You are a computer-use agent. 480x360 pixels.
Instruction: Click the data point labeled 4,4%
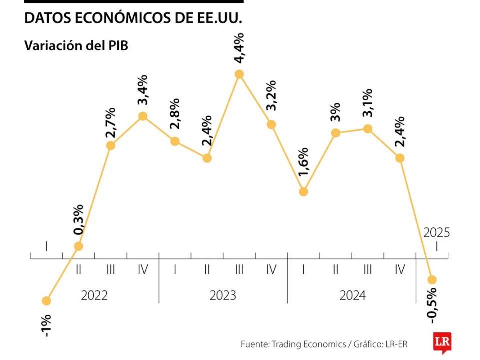239,74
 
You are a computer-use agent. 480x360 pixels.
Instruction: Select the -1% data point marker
46,301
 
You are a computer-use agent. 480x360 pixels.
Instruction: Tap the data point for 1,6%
303,191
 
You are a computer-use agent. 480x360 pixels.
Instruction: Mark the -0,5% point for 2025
432,279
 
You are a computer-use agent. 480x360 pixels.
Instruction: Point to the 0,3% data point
78,246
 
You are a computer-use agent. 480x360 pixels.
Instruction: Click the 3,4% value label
142,91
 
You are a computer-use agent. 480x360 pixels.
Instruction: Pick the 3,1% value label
367,103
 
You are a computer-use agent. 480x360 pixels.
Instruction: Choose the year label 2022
94,295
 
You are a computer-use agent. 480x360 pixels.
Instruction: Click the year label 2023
223,295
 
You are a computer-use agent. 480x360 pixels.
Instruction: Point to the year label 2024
352,295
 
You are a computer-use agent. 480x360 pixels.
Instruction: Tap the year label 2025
436,232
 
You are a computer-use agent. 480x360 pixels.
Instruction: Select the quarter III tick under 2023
239,270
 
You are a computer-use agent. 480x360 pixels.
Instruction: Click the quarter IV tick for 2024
400,270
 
